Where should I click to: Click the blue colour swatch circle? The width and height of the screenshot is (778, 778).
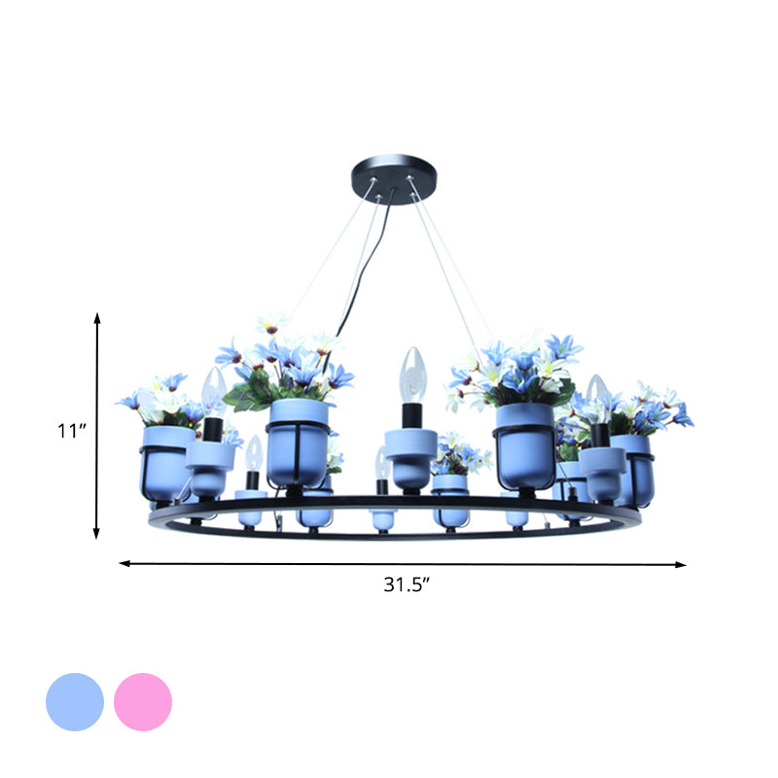[75, 701]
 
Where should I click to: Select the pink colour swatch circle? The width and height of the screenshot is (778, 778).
[143, 701]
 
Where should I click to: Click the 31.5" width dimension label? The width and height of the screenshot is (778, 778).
[404, 584]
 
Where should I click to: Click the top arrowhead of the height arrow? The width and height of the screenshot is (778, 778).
[97, 317]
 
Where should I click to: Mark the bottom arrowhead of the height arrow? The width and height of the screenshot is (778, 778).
[97, 534]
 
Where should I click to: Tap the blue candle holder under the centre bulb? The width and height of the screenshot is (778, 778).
[409, 452]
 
